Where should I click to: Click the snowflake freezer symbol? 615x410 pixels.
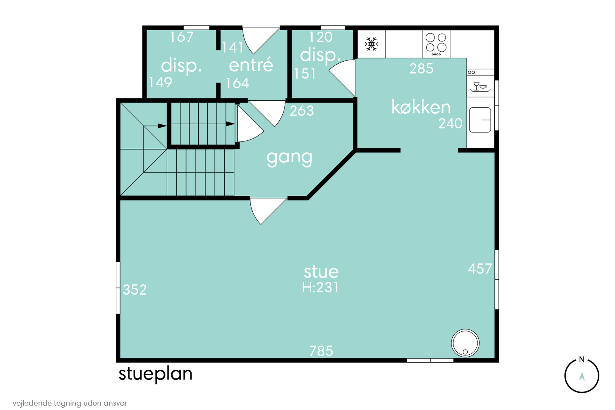[x=371, y=44]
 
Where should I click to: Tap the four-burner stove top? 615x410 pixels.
[x=436, y=44]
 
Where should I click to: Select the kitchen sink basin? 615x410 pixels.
[x=480, y=120]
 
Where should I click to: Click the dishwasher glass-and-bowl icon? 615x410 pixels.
[x=480, y=87]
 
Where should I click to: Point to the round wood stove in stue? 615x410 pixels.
[x=465, y=343]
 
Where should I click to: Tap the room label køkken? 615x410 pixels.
[x=421, y=107]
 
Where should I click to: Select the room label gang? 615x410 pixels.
[x=289, y=158]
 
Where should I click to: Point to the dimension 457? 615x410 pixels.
[x=480, y=269]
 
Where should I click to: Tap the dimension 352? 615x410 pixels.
[x=135, y=290]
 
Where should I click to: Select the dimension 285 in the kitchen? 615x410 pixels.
[x=421, y=68]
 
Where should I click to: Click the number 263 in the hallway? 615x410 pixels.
[x=302, y=111]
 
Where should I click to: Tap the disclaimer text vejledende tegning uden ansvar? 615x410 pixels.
[x=70, y=403]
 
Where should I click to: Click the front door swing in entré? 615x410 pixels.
[x=261, y=41]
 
